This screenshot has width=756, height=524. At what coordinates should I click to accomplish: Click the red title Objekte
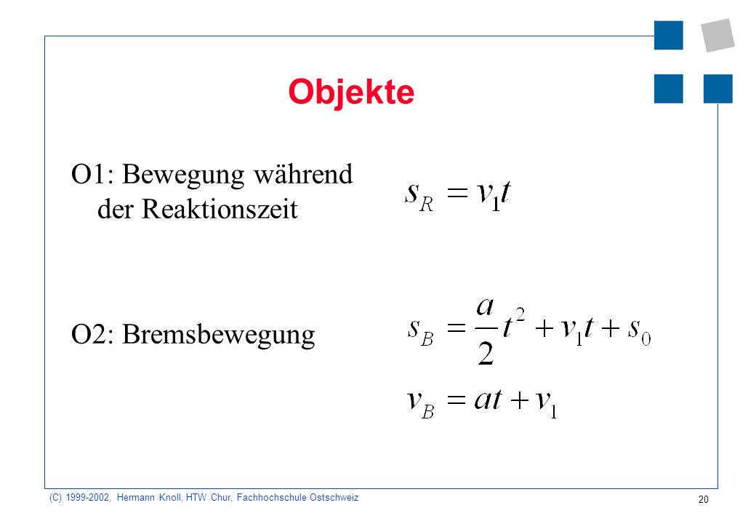pyautogui.click(x=351, y=92)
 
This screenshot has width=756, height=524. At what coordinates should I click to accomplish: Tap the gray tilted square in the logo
pyautogui.click(x=718, y=35)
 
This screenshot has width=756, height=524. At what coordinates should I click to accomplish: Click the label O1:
pyautogui.click(x=92, y=174)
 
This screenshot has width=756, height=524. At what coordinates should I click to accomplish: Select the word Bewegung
pyautogui.click(x=183, y=175)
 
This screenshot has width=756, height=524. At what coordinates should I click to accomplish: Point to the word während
pyautogui.click(x=303, y=174)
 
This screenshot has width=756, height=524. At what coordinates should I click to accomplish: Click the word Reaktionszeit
pyautogui.click(x=220, y=210)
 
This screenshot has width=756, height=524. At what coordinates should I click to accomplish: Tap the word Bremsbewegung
pyautogui.click(x=218, y=335)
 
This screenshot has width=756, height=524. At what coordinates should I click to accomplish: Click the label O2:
pyautogui.click(x=92, y=334)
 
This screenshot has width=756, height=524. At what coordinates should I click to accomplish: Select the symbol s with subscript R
pyautogui.click(x=419, y=196)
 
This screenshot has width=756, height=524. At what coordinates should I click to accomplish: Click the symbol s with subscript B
pyautogui.click(x=420, y=331)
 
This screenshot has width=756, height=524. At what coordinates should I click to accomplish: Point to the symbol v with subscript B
pyautogui.click(x=420, y=405)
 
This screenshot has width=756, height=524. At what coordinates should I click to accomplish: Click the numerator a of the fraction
pyautogui.click(x=485, y=307)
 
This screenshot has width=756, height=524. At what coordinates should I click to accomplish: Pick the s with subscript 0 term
pyautogui.click(x=639, y=331)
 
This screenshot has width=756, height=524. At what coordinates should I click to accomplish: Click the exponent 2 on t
pyautogui.click(x=520, y=316)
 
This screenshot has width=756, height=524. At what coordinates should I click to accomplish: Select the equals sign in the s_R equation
pyautogui.click(x=457, y=193)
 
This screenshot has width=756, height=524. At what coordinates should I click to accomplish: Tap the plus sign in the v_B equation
pyautogui.click(x=520, y=400)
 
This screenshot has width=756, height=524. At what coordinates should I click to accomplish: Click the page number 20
pyautogui.click(x=704, y=499)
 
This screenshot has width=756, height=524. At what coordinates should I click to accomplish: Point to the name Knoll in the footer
pyautogui.click(x=169, y=498)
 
